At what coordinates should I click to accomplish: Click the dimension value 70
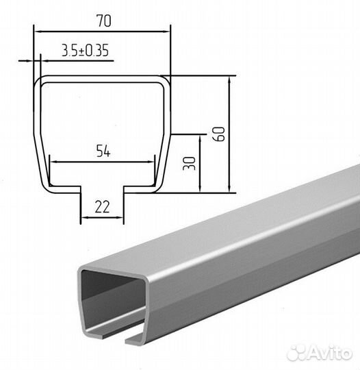pos(104,21)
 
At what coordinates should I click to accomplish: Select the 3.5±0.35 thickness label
pos(85,51)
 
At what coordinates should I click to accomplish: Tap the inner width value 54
pos(103,151)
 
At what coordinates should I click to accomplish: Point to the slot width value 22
pos(102,207)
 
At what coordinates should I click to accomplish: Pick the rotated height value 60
pos(219,134)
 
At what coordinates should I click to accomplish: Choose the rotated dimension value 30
pos(190,163)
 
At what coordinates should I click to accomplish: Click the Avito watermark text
pos(330,354)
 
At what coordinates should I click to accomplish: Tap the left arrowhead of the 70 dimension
pos(38,32)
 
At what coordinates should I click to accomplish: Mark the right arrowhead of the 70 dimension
pos(166,32)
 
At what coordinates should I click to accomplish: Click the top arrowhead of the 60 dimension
pos(229,79)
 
